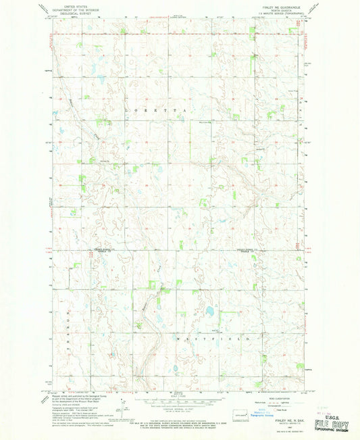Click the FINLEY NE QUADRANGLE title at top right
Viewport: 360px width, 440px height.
284,5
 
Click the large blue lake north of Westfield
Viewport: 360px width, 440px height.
209,312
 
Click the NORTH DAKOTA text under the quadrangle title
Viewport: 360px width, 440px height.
284,9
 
